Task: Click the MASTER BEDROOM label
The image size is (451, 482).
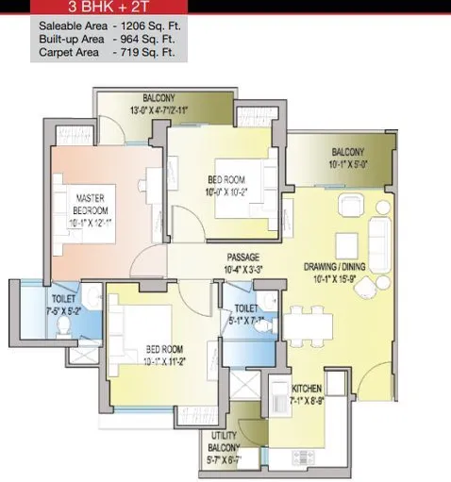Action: [92, 203]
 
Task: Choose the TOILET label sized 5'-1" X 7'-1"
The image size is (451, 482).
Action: [245, 307]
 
